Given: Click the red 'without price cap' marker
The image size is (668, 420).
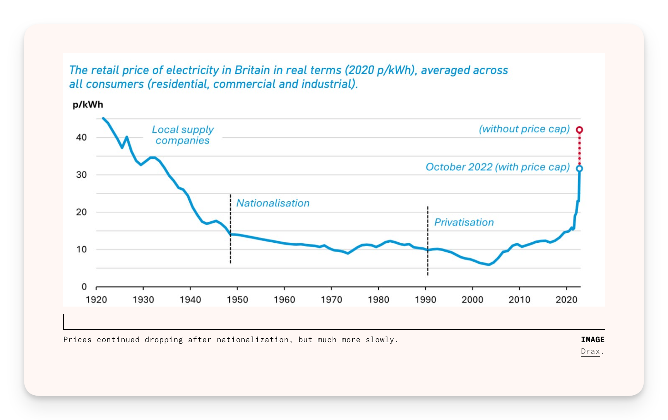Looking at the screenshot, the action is [579, 130].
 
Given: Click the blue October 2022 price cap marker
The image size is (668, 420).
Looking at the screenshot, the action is [579, 168].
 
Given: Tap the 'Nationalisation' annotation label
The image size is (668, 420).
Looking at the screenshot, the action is [273, 203].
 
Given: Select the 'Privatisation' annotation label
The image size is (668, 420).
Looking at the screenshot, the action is [464, 222].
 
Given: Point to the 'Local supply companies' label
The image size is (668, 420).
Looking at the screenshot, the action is [183, 135].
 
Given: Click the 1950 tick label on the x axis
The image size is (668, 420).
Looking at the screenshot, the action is [237, 300].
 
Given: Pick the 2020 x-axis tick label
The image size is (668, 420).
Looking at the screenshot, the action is [567, 300].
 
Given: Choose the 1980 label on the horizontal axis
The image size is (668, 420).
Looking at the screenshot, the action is [379, 300].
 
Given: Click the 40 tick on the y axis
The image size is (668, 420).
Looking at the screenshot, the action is [81, 137].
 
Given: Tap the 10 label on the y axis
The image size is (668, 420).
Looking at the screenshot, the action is [81, 249].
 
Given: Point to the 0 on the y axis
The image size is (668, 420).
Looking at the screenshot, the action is [84, 287].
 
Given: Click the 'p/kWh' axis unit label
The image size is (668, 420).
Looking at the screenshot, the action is [88, 105].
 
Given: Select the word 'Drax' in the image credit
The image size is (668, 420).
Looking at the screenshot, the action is [590, 351].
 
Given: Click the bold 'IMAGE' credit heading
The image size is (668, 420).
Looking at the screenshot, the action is [593, 339].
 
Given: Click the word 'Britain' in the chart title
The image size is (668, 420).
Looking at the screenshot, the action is [252, 70].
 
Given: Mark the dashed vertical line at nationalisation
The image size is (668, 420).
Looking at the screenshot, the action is [230, 229].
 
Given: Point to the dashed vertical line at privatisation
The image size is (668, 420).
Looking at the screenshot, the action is [428, 241].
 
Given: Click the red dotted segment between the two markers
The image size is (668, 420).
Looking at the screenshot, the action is [579, 149].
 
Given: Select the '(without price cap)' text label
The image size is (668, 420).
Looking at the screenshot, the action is [524, 129].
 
